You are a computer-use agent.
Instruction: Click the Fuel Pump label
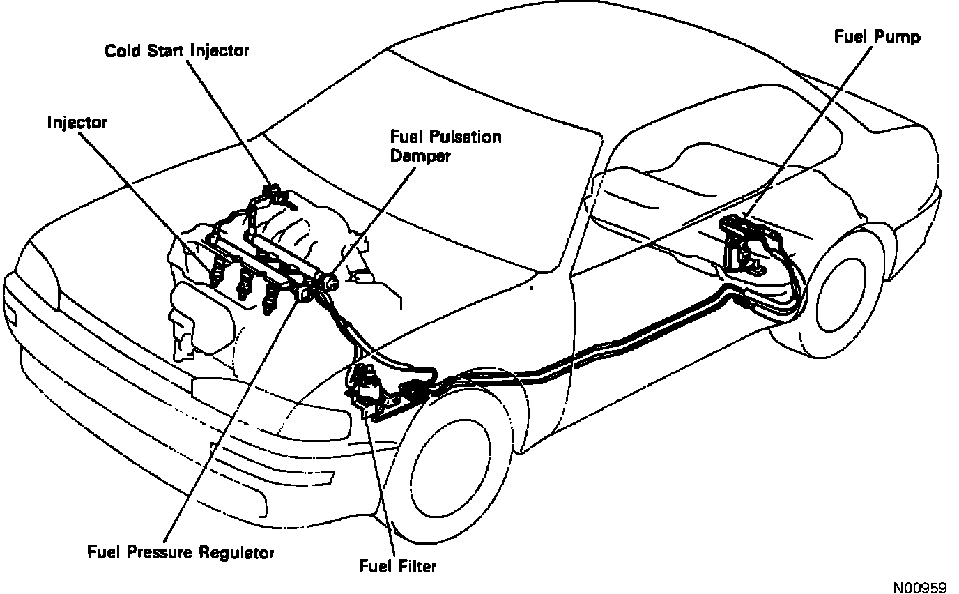877,36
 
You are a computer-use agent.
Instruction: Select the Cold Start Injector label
177,51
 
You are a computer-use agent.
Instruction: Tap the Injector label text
77,123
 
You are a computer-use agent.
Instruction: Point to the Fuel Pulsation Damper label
445,146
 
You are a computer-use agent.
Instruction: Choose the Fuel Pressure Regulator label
181,553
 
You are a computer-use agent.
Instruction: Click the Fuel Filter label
397,565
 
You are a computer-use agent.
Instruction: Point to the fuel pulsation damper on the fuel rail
328,281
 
